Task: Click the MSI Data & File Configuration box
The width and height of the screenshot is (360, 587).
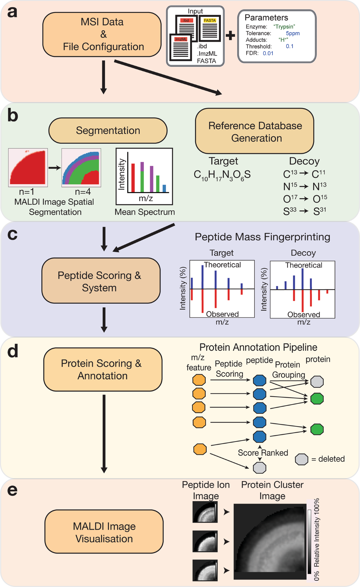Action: [x=102, y=34]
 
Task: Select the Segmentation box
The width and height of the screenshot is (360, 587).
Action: [x=108, y=131]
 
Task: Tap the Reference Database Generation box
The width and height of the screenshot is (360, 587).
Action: [x=255, y=131]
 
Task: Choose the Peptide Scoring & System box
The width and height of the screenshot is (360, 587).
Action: [x=101, y=281]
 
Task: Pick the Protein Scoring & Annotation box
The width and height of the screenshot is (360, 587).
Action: [x=103, y=369]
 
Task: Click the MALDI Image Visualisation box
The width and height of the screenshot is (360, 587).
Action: [x=104, y=532]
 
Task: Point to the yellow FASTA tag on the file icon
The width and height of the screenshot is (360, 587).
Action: [x=210, y=20]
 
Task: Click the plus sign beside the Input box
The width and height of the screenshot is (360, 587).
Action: [x=230, y=36]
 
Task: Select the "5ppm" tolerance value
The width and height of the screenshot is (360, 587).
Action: [x=292, y=33]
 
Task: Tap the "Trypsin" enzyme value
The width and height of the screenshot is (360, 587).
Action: [x=284, y=27]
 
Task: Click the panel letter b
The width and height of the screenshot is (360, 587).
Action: [x=13, y=116]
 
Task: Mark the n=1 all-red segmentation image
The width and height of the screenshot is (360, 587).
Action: [x=28, y=167]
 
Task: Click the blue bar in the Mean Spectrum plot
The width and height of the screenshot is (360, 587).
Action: [x=164, y=188]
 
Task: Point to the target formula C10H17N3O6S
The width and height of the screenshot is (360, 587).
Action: [x=222, y=175]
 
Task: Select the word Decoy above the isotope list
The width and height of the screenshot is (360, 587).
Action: [x=304, y=161]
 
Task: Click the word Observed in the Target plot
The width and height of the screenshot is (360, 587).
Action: [x=222, y=314]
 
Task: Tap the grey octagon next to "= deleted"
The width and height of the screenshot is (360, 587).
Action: [x=301, y=459]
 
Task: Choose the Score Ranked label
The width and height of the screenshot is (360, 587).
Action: [x=263, y=453]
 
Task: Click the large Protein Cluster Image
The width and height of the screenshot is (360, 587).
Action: [x=270, y=542]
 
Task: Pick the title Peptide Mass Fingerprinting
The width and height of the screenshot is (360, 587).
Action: [x=262, y=237]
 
